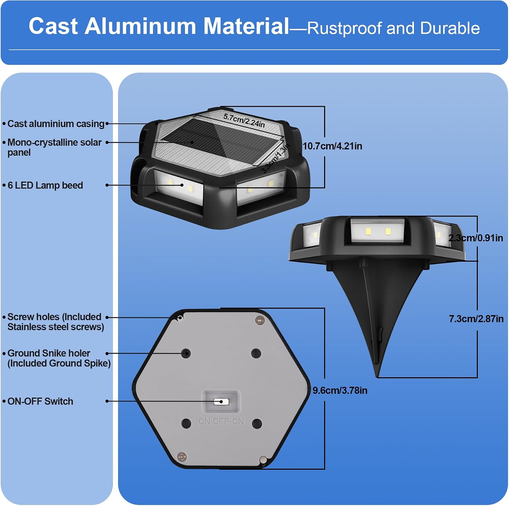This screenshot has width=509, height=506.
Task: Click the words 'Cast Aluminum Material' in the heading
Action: pos(159,26)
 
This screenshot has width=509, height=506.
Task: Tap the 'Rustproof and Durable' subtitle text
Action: pos(393,28)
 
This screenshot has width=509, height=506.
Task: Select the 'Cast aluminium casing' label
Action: pos(56,124)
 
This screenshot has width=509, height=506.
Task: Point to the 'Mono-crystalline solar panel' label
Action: pos(54,147)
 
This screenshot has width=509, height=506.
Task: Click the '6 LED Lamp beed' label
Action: pos(45,185)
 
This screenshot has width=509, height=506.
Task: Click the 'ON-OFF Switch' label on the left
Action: pos(40,401)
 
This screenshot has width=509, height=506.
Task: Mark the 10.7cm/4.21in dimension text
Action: pos(332,146)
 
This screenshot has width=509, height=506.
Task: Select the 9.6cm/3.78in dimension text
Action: pos(340,390)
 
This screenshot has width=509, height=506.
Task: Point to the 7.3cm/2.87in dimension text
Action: pos(476,319)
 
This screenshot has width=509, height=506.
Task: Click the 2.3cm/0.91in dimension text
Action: pos(476,238)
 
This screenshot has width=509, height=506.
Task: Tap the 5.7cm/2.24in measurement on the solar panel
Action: pos(244,121)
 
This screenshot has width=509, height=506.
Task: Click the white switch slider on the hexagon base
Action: pos(221,402)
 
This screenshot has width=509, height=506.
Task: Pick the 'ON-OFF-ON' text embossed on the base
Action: pos(221,421)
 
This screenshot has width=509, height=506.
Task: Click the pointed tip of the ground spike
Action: pos(377,376)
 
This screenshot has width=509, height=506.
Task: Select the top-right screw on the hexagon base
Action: pos(260,320)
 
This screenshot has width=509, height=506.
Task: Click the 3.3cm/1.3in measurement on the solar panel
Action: pos(275,158)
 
